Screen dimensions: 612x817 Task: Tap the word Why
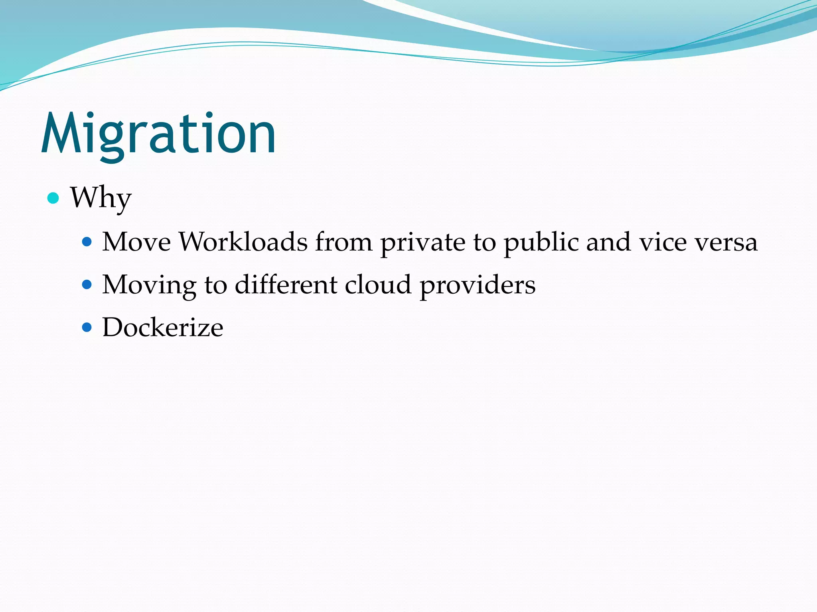101,198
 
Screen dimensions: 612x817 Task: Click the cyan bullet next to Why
53,198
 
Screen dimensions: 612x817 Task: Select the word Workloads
243,242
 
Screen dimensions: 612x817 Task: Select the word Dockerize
163,328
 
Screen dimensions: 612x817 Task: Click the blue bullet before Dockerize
87,328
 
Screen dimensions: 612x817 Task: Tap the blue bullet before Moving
87,284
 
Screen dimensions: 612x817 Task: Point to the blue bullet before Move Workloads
87,241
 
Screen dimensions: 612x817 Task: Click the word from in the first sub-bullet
344,242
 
